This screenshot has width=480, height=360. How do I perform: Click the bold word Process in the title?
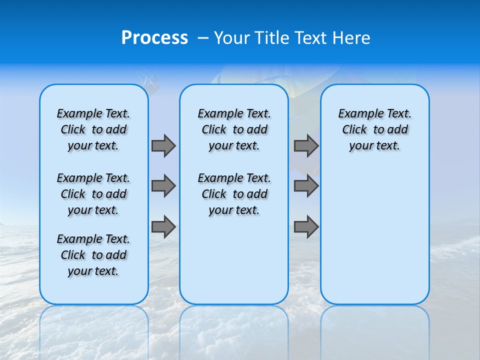[x=154, y=38]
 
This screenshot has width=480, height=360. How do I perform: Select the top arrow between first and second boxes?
[x=163, y=145]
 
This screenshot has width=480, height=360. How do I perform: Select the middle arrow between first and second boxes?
[x=163, y=186]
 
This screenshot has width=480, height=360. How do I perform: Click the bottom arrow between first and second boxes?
[x=163, y=227]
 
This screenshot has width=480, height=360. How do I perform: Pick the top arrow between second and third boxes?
[x=306, y=145]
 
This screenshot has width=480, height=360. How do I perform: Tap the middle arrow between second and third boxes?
[x=306, y=186]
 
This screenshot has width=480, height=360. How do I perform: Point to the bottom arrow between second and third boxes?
[x=306, y=227]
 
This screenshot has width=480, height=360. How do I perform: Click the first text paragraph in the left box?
[x=93, y=129]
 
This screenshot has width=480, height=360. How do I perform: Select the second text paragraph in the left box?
[x=93, y=194]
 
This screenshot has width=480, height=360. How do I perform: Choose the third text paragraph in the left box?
[x=93, y=255]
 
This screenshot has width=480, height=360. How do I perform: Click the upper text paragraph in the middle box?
[x=234, y=129]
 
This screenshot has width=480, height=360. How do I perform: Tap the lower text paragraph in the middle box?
[x=234, y=194]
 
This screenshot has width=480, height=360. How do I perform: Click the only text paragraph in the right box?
[x=374, y=129]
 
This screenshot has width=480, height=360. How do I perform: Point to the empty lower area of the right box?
[x=374, y=235]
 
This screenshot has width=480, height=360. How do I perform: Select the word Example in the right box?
[x=356, y=114]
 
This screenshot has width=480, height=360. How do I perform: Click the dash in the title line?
[x=202, y=38]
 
